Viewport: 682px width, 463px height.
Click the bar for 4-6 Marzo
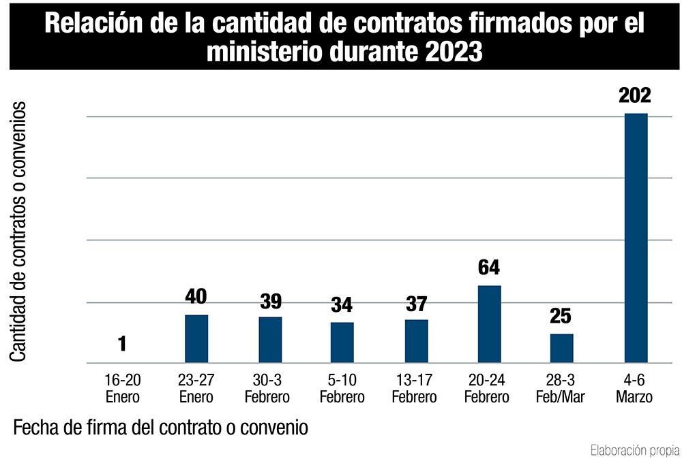(x=636, y=238)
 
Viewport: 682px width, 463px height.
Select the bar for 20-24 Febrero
(x=490, y=324)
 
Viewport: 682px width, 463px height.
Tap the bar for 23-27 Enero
(x=196, y=339)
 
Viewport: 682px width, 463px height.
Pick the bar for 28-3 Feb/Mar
(x=562, y=349)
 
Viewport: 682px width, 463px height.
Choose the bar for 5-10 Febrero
(x=342, y=342)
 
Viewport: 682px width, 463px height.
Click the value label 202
(x=635, y=95)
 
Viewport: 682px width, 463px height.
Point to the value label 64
(x=490, y=267)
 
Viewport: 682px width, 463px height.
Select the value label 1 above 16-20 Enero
(x=123, y=344)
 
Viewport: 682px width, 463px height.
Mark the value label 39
(x=270, y=302)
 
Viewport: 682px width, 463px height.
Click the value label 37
(x=416, y=304)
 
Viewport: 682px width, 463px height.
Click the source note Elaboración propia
(x=634, y=450)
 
